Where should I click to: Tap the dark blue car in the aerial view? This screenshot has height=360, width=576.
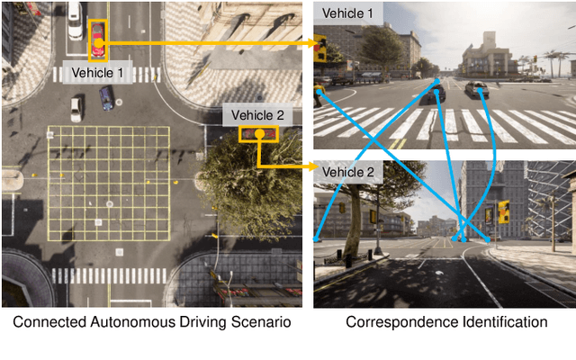point(107,98)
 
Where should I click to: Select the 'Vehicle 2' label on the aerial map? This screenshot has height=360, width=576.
point(257,114)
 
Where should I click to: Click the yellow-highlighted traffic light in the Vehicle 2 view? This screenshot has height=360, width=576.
point(503,211)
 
